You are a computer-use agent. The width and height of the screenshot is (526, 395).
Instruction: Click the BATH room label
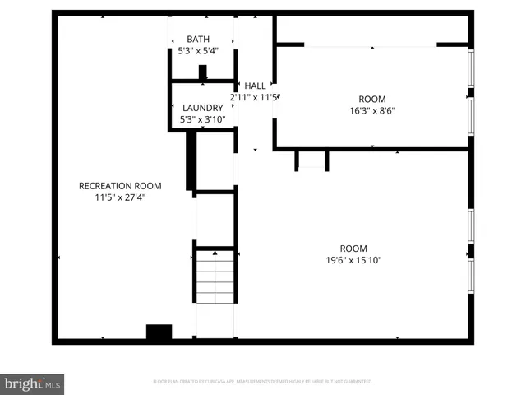tap(198, 39)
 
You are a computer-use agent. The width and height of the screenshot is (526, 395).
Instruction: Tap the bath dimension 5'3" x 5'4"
tap(198, 51)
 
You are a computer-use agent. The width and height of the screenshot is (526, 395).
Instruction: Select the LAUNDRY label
tap(202, 108)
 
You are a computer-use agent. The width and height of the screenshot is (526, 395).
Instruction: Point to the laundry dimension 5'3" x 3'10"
tap(202, 120)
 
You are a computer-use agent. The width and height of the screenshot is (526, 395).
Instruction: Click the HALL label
tap(256, 86)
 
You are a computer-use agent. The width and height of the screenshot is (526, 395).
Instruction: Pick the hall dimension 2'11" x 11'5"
tap(256, 97)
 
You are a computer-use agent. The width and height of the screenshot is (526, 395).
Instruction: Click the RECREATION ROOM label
tap(120, 185)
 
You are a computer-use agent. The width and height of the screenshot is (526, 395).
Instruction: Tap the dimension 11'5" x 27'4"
tap(120, 197)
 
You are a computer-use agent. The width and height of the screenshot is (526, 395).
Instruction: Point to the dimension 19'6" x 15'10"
tap(354, 261)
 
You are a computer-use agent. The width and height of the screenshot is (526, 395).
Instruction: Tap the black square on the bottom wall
tap(159, 332)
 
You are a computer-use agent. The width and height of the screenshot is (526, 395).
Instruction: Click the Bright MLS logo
tap(33, 383)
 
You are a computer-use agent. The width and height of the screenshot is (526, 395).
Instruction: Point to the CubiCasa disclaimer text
tap(263, 381)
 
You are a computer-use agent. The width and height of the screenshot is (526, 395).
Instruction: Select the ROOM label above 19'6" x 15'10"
tap(354, 249)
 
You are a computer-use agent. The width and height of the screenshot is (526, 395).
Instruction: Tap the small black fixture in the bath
tap(203, 72)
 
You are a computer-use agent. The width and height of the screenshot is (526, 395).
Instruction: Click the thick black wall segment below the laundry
tap(191, 160)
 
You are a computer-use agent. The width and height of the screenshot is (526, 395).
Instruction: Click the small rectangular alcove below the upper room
tap(311, 159)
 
